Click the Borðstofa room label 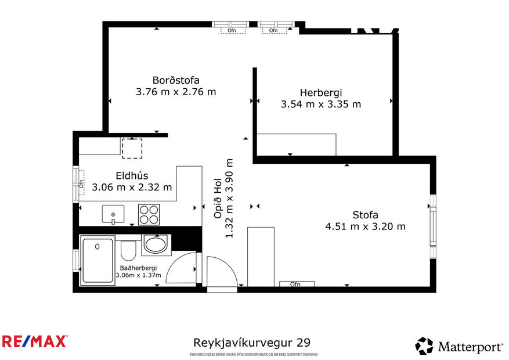pos(176,80)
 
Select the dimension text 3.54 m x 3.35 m pos(320,105)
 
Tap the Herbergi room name pos(320,92)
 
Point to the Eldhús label pos(132,175)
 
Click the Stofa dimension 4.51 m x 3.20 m pos(365,226)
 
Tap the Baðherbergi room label pos(136,268)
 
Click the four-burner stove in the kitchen pos(149,214)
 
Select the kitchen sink pos(113,214)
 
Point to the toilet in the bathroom pos(128,250)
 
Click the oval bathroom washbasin pos(155,244)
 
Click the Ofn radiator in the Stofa pos(296,284)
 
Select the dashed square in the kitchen pos(132,149)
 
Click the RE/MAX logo pos(35,341)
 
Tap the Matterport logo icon pos(424,346)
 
